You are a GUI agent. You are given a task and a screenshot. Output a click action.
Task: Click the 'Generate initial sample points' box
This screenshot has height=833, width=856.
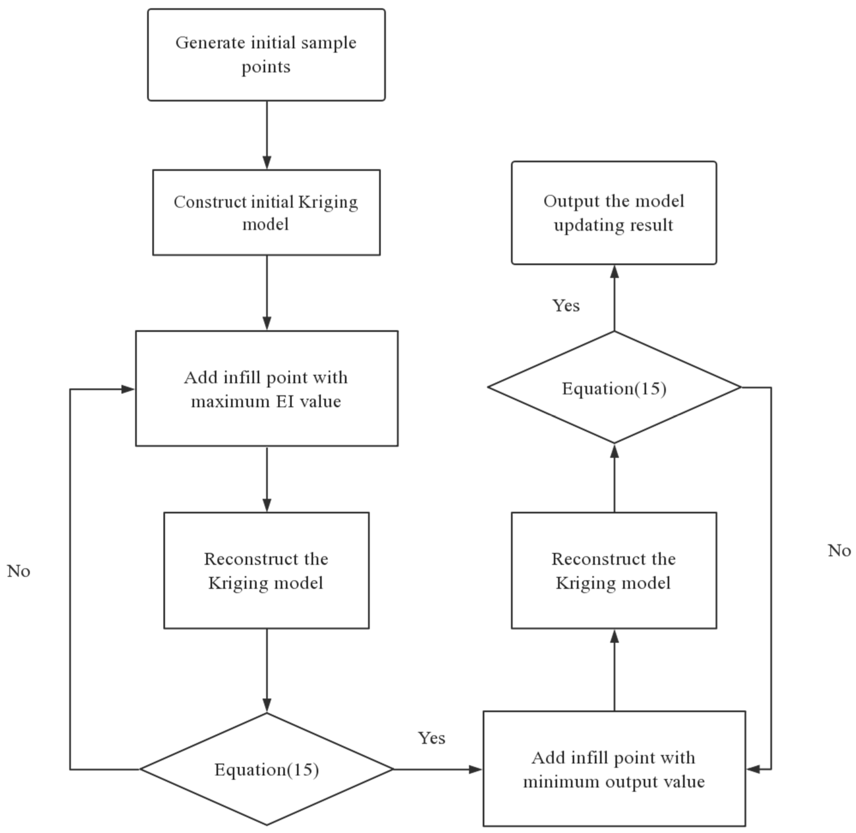point(266,55)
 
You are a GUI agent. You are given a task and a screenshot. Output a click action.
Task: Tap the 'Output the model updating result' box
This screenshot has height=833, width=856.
point(613,213)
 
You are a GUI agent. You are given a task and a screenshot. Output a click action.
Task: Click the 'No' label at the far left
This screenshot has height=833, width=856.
point(19,571)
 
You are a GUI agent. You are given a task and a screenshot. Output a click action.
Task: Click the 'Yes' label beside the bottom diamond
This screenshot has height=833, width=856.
point(431,738)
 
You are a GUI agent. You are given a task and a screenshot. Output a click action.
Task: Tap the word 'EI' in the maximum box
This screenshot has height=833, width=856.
point(285,401)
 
